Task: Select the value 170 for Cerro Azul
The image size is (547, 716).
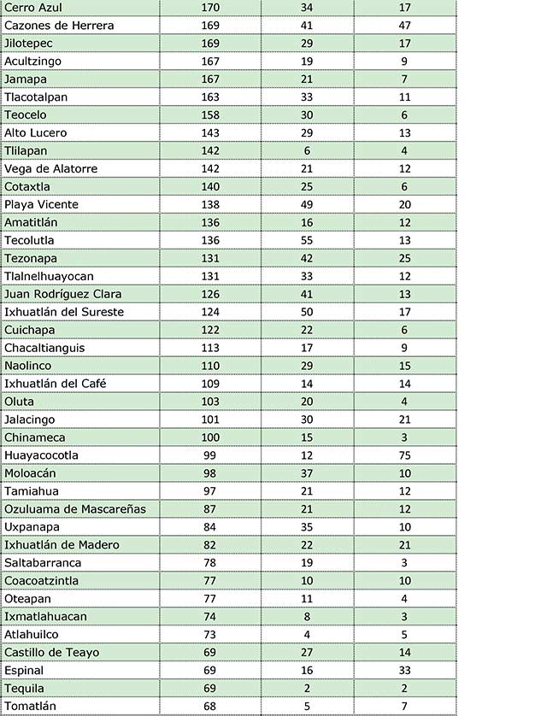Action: [210, 8]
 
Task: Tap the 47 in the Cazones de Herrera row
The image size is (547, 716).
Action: [405, 26]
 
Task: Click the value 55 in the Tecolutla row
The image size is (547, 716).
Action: [307, 240]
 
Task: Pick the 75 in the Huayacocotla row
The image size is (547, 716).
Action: [405, 455]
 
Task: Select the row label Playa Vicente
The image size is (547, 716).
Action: [41, 205]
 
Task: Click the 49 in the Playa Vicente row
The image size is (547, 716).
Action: [307, 205]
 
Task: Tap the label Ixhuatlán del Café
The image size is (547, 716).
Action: [55, 384]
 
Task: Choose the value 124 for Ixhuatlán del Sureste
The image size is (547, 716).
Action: [210, 312]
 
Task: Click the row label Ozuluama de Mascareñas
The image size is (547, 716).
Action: [75, 509]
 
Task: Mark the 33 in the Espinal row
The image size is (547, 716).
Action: [405, 671]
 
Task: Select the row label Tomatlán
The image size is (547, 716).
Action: [30, 707]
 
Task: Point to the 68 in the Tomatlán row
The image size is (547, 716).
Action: [210, 707]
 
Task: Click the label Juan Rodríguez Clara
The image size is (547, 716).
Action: [63, 294]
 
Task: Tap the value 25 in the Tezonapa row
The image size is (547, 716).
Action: [405, 258]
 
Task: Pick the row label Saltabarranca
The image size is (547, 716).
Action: [43, 563]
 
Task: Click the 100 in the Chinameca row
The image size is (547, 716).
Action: [210, 437]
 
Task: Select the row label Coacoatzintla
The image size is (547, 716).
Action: [42, 581]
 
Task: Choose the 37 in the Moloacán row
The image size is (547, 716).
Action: [307, 473]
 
